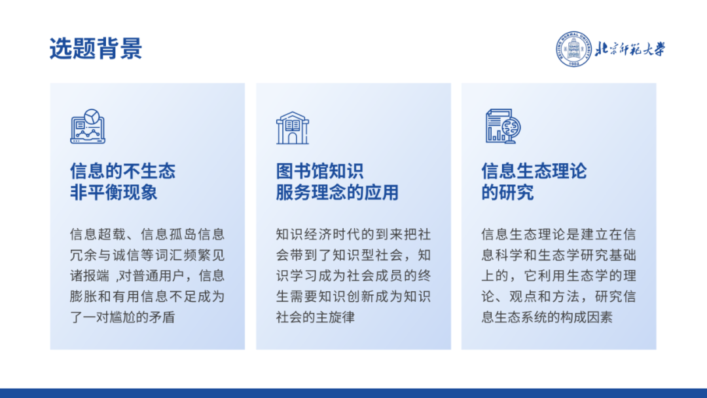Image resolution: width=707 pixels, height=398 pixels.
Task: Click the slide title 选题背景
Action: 96,49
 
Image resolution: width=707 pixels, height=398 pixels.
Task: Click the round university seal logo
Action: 573,49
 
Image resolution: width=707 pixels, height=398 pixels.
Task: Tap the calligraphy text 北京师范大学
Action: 630,49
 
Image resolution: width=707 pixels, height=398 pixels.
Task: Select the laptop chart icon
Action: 88,127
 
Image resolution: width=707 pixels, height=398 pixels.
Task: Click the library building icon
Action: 293,129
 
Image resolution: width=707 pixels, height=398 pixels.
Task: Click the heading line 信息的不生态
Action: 122,171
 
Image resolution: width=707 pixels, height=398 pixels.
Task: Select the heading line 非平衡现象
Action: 114,193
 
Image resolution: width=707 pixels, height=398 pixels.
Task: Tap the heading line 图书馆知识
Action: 319,171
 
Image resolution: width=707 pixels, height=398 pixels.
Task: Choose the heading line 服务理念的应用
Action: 337,193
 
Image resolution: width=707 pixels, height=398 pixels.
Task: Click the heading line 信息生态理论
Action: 534,171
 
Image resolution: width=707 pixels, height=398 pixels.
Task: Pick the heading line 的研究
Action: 508,193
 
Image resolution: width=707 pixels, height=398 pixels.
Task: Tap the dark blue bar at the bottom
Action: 353,393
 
